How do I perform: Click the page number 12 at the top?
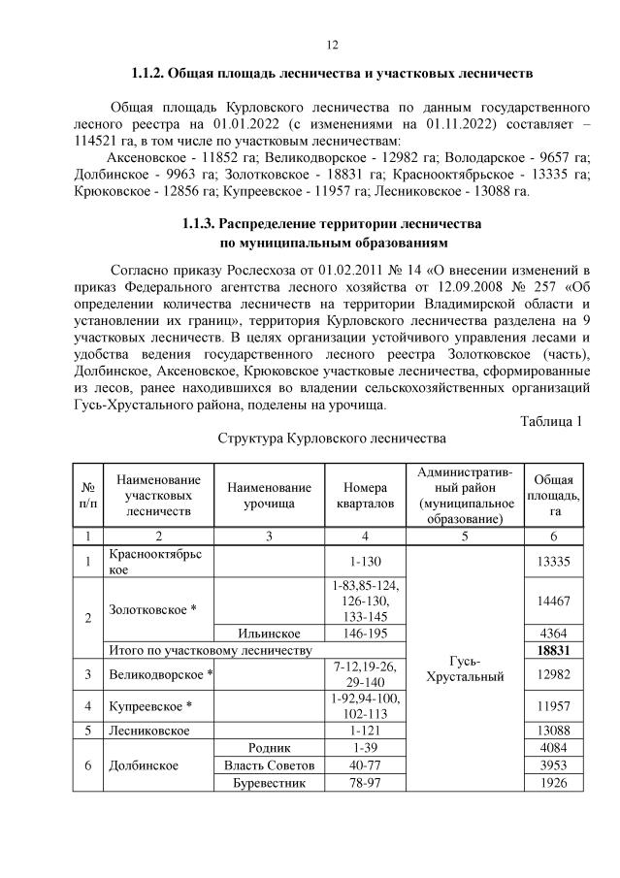coord(331,45)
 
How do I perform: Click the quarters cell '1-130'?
coord(365,563)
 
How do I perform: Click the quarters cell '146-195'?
coord(365,631)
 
